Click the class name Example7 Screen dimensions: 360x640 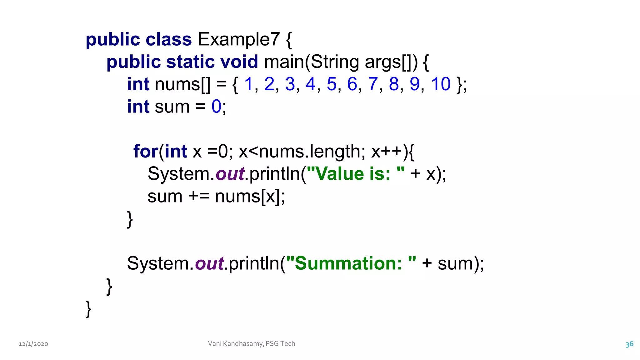click(x=238, y=40)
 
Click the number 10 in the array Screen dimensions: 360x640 click(x=441, y=84)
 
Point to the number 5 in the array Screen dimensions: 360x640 click(x=332, y=84)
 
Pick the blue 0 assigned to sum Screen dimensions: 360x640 click(x=216, y=107)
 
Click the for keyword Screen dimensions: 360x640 click(x=146, y=152)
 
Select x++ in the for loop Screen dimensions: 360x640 click(x=387, y=152)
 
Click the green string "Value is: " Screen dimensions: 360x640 click(x=356, y=174)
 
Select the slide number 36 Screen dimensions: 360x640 click(x=629, y=344)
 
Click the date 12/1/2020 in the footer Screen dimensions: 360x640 click(x=33, y=344)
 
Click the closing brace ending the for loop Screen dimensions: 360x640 click(x=130, y=219)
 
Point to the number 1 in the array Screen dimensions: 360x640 click(x=248, y=84)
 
